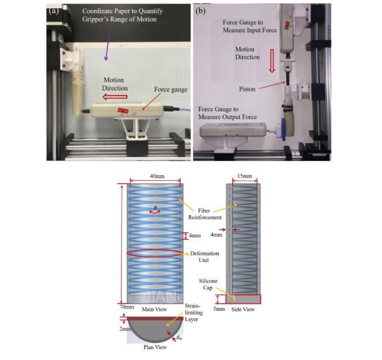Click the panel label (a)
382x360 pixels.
coord(54,11)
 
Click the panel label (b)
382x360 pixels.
coord(200,11)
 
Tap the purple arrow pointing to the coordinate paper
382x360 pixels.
coord(108,43)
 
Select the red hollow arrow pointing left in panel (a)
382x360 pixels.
coord(115,97)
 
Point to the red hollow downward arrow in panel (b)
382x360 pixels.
coord(272,61)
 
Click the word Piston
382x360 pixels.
coord(247,89)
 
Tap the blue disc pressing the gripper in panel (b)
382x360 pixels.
coord(283,129)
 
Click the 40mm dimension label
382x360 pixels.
coord(157,176)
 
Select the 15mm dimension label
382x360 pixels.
coord(244,176)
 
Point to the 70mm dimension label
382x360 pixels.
coord(127,307)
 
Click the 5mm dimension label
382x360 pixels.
coord(219,309)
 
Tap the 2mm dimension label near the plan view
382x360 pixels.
coord(125,329)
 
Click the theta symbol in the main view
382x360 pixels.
coord(155,208)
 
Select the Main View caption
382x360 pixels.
coord(154,310)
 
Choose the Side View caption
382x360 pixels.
coord(243,309)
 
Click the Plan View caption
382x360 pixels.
coord(155,347)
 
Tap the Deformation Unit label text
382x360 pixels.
coord(204,257)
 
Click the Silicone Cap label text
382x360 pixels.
coord(208,284)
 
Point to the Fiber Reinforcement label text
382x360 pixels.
coord(205,214)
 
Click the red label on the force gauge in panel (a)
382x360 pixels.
coord(123,110)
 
